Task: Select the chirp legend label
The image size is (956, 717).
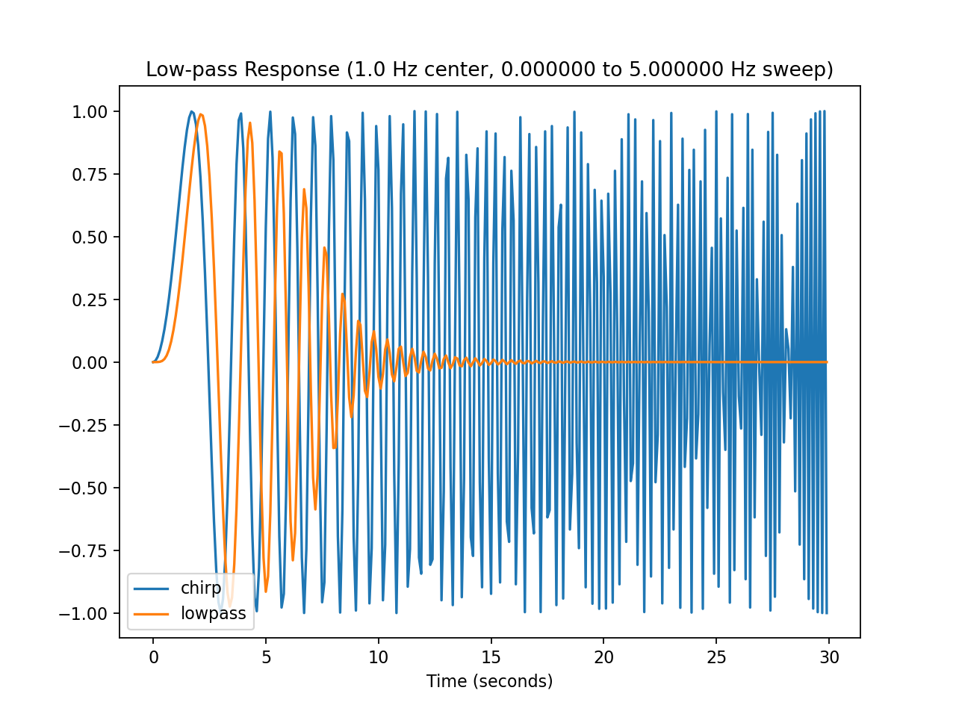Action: click(201, 589)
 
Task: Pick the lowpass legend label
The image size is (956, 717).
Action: click(213, 614)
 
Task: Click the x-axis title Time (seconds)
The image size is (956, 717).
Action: click(489, 681)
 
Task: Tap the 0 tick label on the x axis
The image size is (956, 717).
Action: click(153, 657)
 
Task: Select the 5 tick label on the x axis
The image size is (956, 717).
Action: click(266, 657)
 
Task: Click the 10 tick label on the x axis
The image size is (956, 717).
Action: click(379, 657)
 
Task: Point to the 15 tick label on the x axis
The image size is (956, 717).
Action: click(491, 657)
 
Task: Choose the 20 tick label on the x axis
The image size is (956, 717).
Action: click(603, 657)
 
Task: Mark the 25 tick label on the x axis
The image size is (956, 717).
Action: click(716, 657)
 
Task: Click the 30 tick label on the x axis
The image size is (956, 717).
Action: click(829, 657)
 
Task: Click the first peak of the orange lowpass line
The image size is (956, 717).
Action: click(201, 114)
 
